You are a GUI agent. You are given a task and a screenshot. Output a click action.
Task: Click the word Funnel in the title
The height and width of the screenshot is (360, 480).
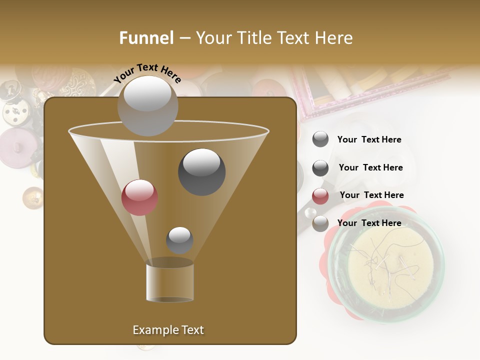coord(146,38)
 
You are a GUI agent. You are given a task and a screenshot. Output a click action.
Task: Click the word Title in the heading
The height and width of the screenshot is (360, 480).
coord(254,38)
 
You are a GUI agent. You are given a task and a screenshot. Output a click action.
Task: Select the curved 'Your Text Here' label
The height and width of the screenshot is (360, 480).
coord(147,73)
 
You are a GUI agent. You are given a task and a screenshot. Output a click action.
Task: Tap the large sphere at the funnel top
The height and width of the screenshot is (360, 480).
coord(147,105)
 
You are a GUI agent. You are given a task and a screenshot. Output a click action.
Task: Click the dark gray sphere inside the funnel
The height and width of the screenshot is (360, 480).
coord(201,171)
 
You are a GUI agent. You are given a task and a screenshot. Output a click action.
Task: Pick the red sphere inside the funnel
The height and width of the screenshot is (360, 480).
coord(139,197)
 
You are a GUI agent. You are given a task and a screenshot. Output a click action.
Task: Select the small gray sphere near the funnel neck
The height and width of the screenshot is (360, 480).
coord(179,240)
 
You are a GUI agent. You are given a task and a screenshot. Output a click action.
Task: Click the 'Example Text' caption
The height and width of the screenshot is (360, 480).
coord(168,330)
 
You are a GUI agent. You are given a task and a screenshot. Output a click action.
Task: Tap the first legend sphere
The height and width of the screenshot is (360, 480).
coord(320,139)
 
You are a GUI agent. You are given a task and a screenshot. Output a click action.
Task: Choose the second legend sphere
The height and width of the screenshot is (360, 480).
coord(320,168)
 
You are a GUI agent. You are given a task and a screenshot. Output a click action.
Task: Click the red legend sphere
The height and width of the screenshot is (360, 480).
coord(320,196)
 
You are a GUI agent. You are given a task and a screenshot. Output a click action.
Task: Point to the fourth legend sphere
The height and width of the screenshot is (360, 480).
coord(320,223)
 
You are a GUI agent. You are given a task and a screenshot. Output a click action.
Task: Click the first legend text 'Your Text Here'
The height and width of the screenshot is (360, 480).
coord(369,139)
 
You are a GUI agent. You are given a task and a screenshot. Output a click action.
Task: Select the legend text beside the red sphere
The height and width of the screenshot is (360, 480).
coord(371,195)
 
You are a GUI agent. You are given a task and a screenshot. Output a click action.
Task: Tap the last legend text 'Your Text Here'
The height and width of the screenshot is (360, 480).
coord(369,223)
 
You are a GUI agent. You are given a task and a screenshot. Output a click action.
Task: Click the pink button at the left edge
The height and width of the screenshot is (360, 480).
coord(15,147)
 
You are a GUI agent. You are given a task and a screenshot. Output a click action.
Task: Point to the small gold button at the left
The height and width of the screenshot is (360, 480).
coord(33,197)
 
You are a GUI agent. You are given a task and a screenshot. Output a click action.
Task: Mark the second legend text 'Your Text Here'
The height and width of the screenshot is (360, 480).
coord(370,167)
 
